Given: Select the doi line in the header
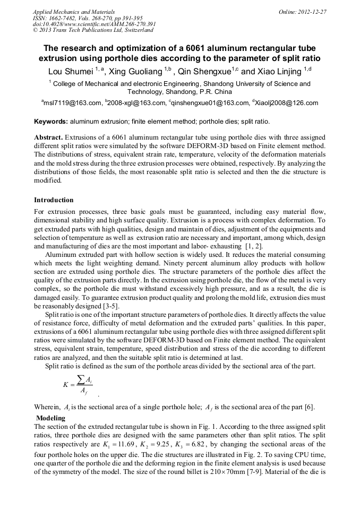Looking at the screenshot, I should [x=94, y=24].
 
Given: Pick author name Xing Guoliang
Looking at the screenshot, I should [x=136, y=71].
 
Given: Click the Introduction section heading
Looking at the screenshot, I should [x=54, y=200].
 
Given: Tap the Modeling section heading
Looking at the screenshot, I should [x=50, y=418].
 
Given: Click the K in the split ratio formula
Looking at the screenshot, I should [x=65, y=385].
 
